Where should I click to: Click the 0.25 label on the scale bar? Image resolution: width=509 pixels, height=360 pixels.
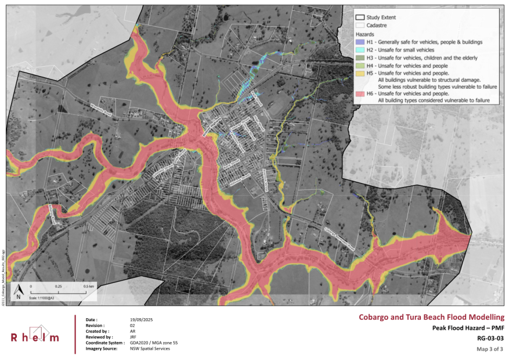coord(59,286)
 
